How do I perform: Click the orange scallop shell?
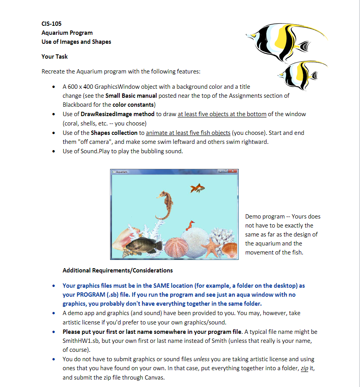pos(230,250)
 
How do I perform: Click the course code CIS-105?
pos(51,23)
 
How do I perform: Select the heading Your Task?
pos(54,57)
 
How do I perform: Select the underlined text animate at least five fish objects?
pos(188,133)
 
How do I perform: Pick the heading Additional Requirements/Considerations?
pos(117,270)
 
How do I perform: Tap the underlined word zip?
pos(304,369)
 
